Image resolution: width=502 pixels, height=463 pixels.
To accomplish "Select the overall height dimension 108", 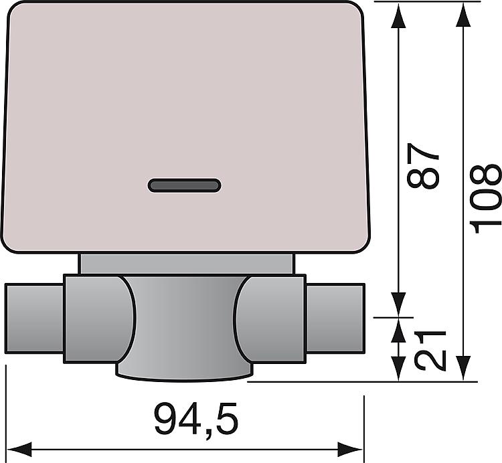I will (x=486, y=197).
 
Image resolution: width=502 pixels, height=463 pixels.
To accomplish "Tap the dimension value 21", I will (x=430, y=350).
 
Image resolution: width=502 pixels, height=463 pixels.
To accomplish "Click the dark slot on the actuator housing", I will (x=184, y=185).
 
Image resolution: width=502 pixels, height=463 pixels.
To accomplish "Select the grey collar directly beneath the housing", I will (x=186, y=263).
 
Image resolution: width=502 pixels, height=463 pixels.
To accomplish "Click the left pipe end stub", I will (x=34, y=318).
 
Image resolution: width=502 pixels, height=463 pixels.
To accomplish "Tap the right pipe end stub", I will (x=335, y=318).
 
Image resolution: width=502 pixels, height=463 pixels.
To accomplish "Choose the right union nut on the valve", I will (x=271, y=318).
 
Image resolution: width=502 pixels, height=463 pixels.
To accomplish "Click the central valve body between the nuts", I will (x=184, y=314).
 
